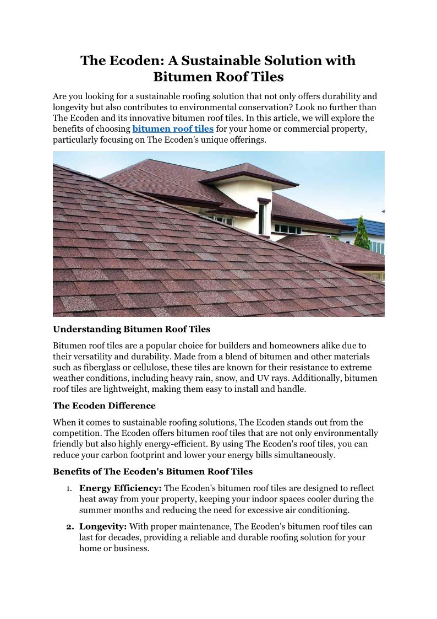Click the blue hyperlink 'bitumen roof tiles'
point(173,129)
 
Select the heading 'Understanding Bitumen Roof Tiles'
point(132,329)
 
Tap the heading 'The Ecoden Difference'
point(104,406)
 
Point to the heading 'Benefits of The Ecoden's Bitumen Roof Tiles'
point(152,471)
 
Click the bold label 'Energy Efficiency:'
point(121,488)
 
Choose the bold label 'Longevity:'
point(103,526)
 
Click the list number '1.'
point(69,489)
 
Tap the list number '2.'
point(70,527)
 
